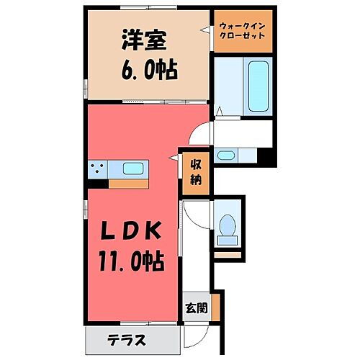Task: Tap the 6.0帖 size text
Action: [147, 72]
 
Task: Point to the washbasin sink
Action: [228, 154]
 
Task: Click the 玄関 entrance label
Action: [196, 308]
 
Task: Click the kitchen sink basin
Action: [134, 170]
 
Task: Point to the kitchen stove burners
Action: [99, 170]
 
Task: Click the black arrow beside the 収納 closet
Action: [175, 156]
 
